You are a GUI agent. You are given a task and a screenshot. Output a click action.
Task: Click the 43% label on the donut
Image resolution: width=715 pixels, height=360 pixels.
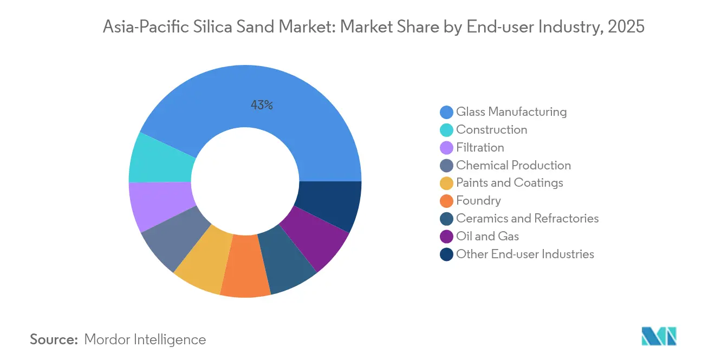coord(262,106)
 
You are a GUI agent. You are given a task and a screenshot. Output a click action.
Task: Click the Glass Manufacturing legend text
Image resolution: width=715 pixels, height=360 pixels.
coord(511,112)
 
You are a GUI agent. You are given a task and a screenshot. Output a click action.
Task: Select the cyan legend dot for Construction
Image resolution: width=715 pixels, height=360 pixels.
coord(447,130)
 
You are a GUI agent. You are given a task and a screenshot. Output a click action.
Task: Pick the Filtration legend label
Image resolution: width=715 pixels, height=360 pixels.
coord(480,148)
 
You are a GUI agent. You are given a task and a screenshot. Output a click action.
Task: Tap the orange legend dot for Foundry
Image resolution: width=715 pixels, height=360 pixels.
coord(447,201)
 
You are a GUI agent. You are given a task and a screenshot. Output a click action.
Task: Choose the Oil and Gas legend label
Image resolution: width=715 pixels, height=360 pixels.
coord(487,236)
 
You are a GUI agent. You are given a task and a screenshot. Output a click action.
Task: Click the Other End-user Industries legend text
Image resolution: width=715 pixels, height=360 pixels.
coord(525,254)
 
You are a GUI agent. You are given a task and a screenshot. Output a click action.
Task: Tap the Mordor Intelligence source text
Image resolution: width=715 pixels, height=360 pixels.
coord(145,339)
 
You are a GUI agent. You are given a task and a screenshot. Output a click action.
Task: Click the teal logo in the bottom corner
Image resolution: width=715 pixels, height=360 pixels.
coord(659,336)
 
